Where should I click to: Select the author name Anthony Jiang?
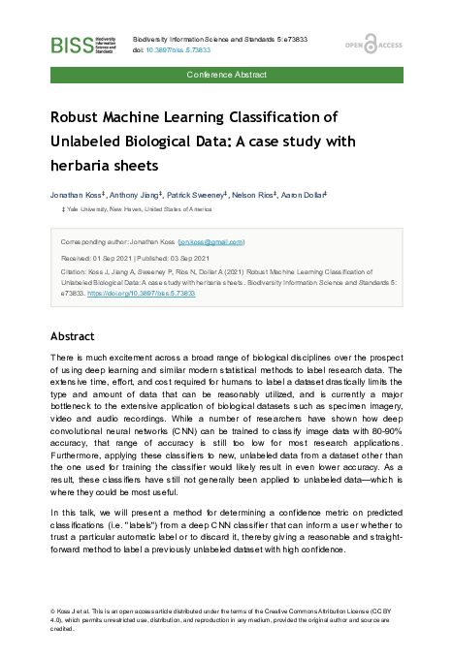[136, 195]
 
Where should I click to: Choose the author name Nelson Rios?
[255, 195]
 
